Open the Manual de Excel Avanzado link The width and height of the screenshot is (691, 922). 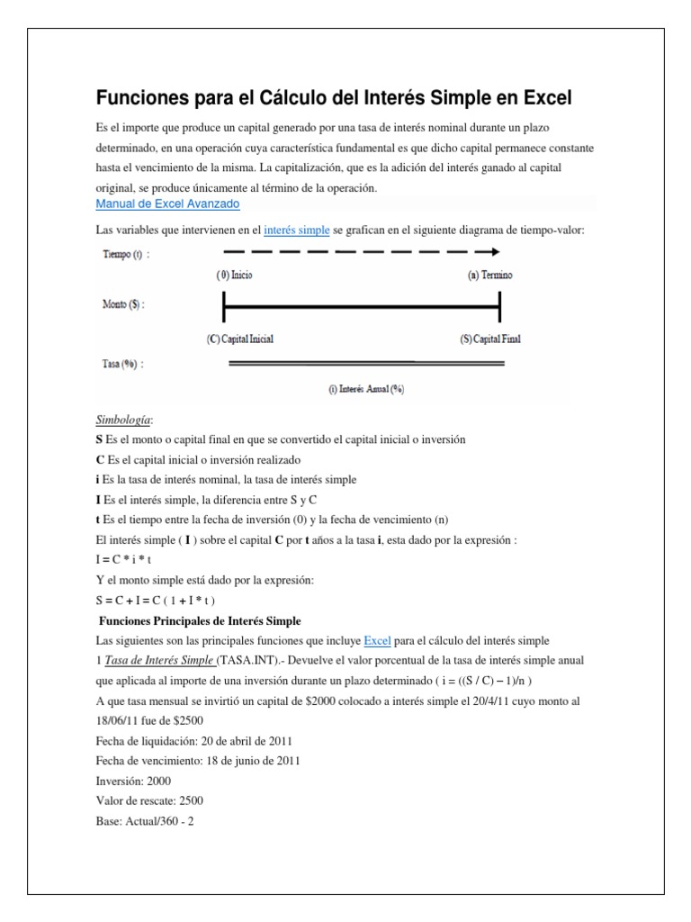(x=167, y=204)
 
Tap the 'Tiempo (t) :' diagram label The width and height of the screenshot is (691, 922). (x=122, y=255)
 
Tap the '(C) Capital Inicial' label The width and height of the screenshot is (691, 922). (x=239, y=339)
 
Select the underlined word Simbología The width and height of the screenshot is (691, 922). (x=124, y=420)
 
